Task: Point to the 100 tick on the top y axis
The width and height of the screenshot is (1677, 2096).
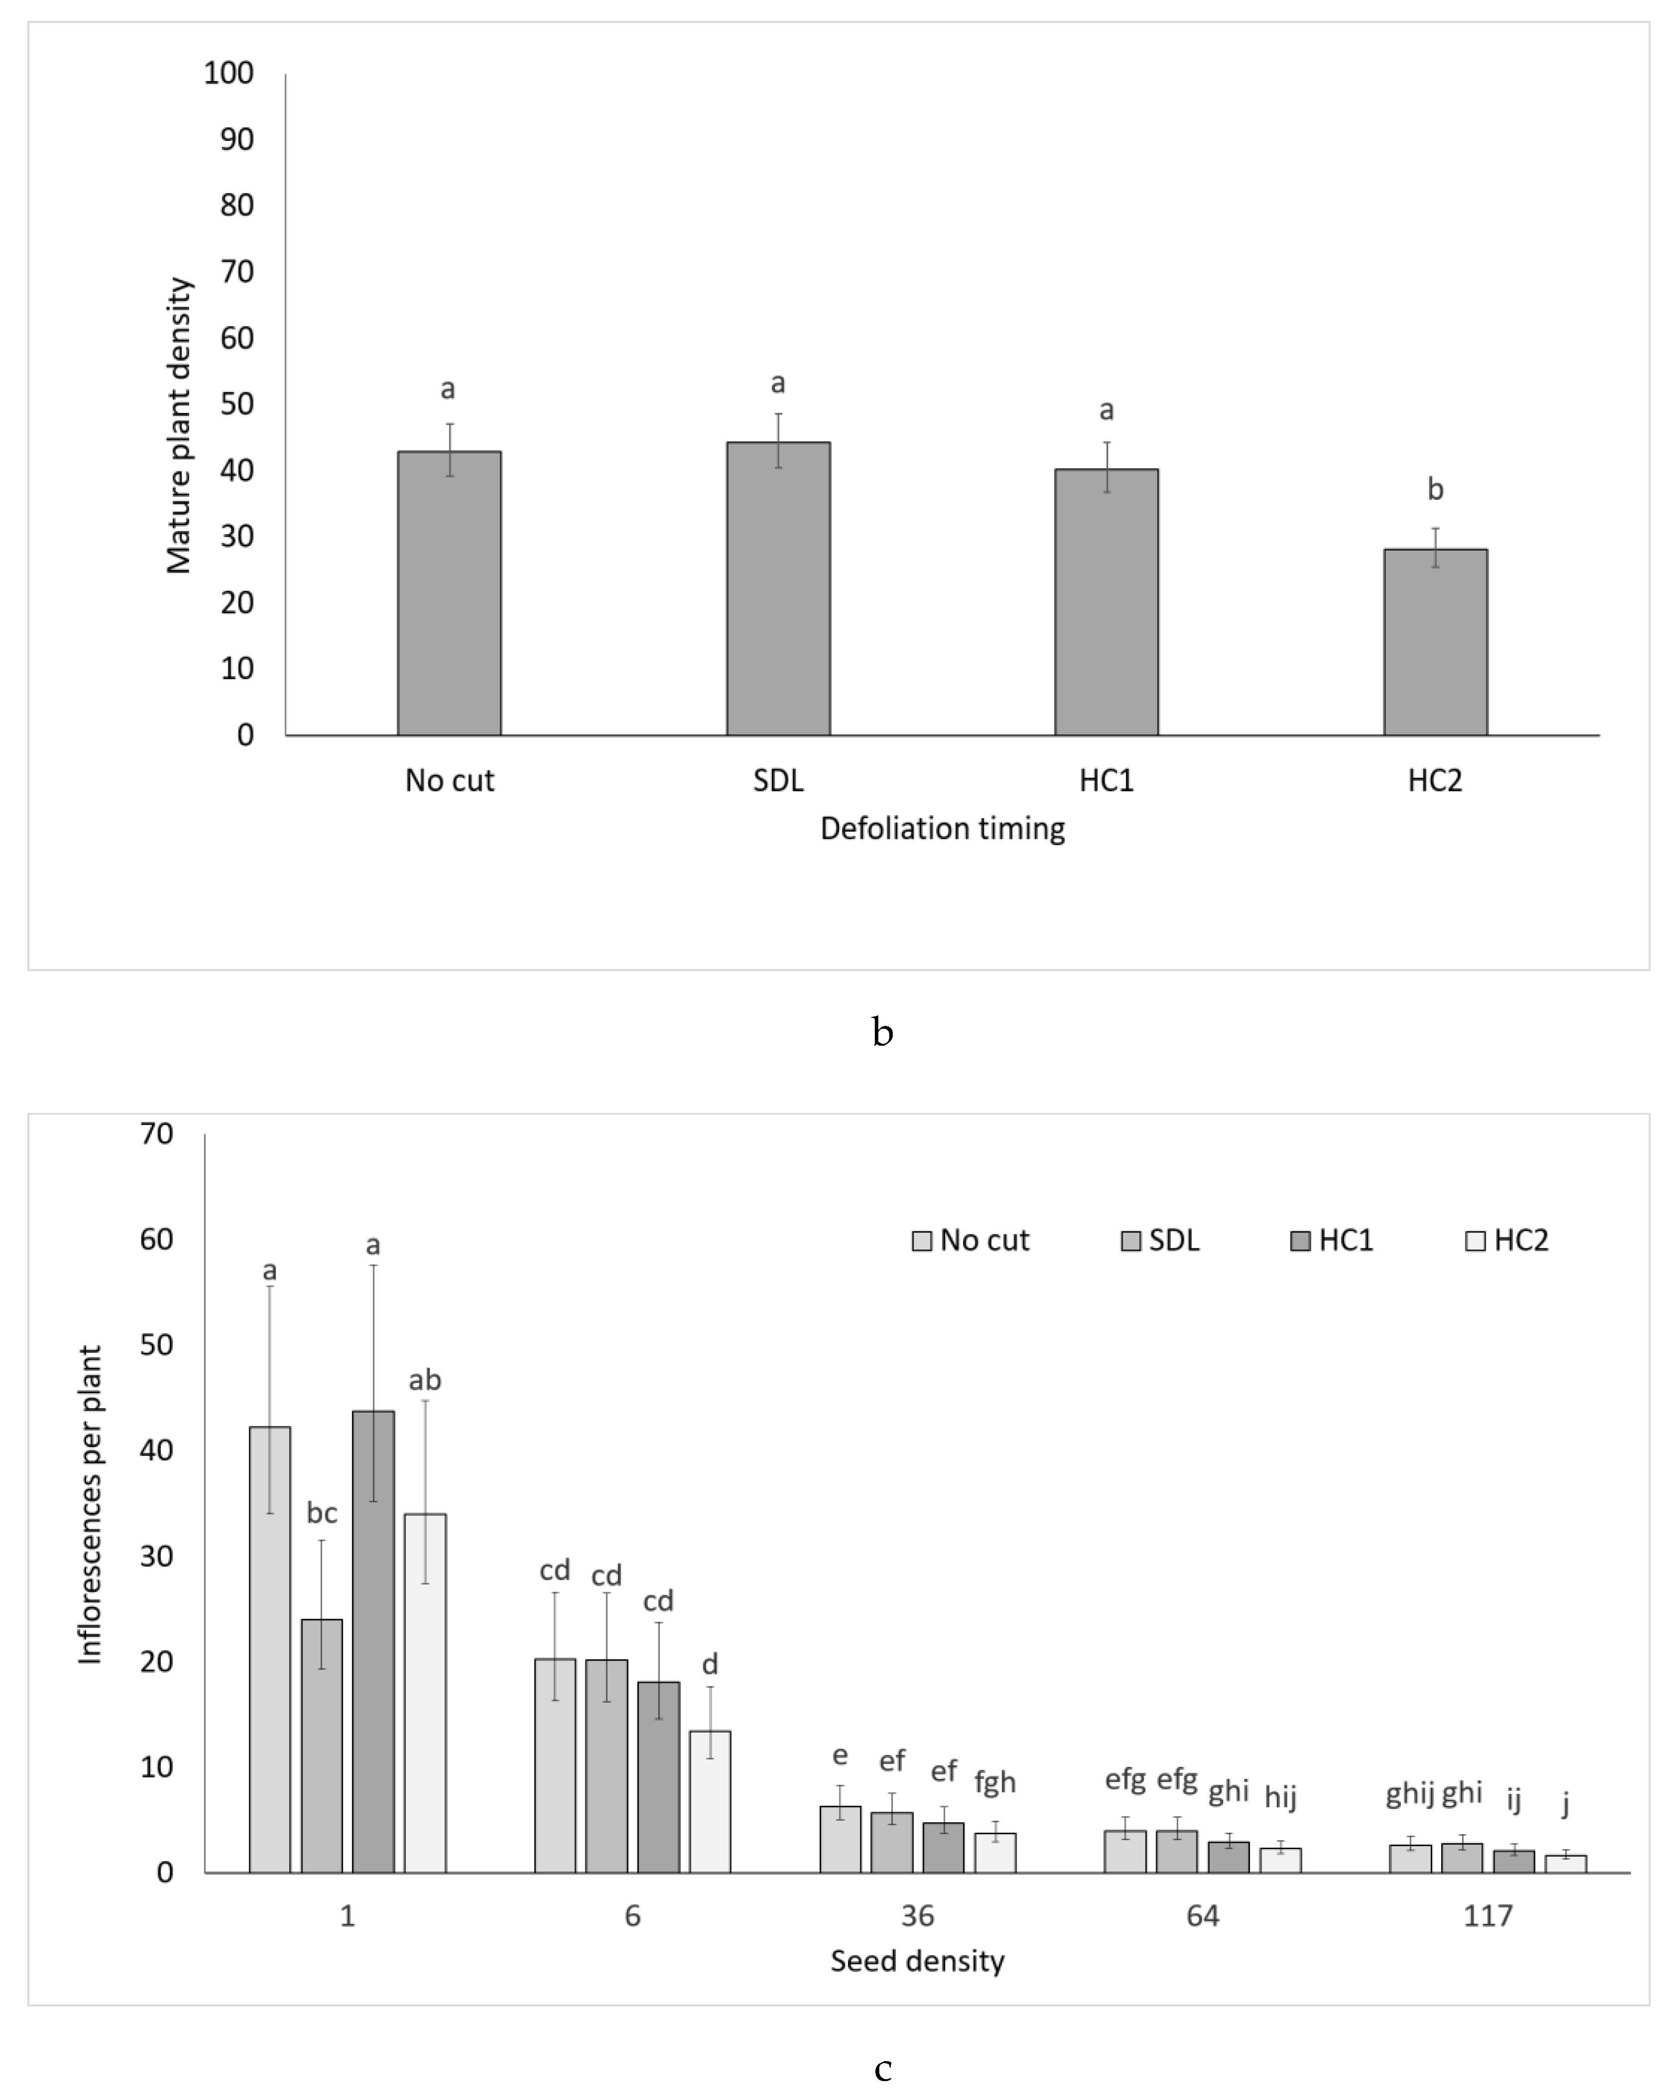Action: coord(228,73)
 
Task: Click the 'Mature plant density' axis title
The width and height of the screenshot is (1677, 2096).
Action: coord(179,426)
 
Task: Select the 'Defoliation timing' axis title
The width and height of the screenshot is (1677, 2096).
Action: coord(942,828)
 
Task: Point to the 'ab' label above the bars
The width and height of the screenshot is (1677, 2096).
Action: coord(425,1380)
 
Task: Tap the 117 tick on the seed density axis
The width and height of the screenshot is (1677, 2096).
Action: coord(1487,1916)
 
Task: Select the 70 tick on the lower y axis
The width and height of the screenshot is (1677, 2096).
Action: coord(157,1133)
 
